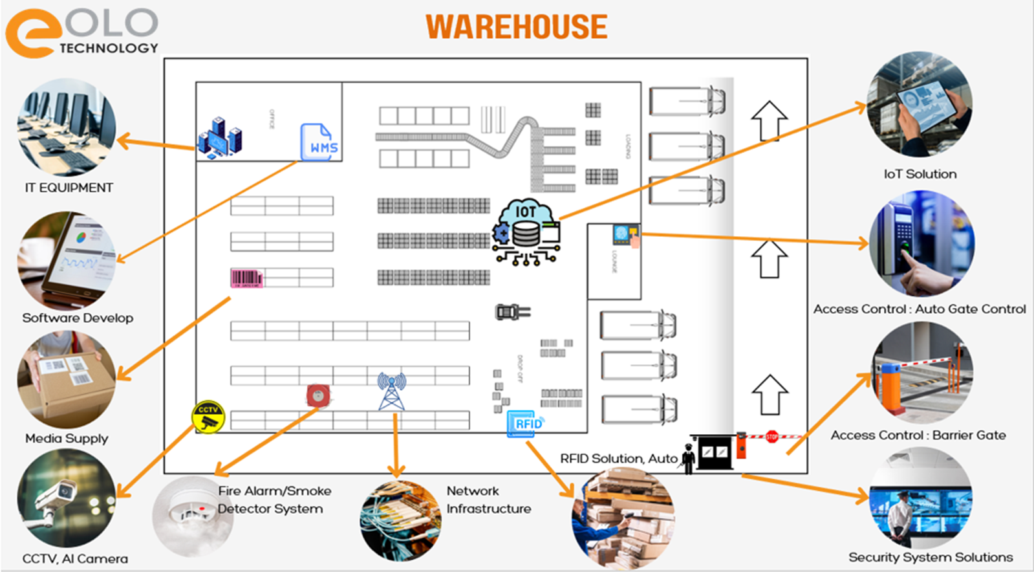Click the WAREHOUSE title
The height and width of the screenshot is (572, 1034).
point(516,27)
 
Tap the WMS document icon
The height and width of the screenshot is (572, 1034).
point(320,142)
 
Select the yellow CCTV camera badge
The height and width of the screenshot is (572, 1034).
point(208,417)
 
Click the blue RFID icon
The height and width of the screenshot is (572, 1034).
point(526,423)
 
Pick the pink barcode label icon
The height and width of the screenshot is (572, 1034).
point(246,278)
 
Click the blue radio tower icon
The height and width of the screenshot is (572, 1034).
point(391,391)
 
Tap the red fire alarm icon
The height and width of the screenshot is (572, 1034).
point(318,395)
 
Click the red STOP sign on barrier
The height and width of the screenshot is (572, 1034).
point(771,437)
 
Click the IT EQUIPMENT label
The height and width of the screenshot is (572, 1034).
point(69,188)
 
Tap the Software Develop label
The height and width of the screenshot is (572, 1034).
point(78,318)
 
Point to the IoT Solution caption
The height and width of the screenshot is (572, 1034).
point(920,174)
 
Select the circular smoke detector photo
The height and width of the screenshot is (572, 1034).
point(192,516)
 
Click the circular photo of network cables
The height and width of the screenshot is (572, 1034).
point(400,520)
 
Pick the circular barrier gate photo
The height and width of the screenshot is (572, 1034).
point(922,373)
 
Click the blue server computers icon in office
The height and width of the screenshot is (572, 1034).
point(220,138)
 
